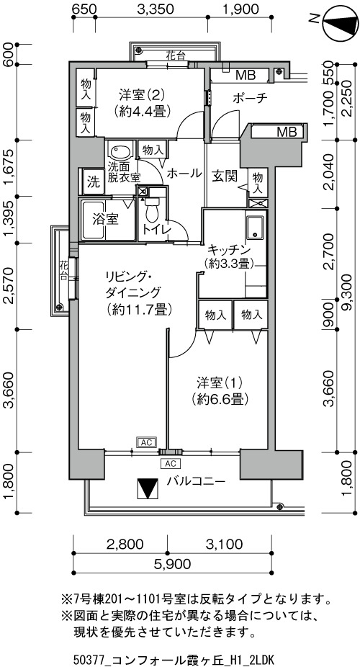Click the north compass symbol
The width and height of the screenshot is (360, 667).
click(340, 24)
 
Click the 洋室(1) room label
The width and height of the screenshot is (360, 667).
click(220, 391)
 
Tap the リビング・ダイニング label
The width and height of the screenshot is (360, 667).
click(138, 293)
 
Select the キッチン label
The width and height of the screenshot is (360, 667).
click(229, 256)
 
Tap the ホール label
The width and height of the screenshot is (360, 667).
click(184, 173)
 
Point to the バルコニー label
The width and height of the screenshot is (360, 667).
click(196, 481)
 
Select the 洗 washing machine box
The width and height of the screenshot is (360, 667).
click(94, 182)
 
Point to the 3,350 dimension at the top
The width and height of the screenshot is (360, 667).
click(155, 9)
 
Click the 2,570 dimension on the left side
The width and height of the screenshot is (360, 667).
click(9, 285)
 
